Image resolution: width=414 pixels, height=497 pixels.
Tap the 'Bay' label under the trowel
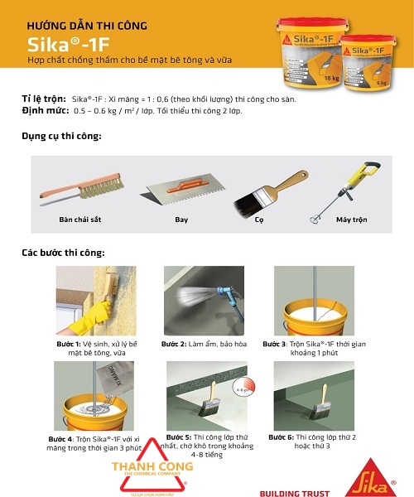pyautogui.click(x=181, y=220)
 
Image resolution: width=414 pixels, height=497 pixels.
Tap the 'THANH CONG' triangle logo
pyautogui.click(x=141, y=468)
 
